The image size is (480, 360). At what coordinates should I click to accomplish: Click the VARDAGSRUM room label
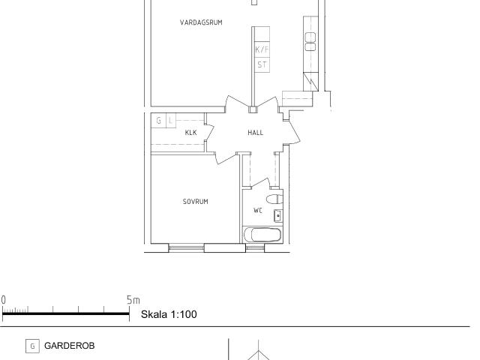pos(201,22)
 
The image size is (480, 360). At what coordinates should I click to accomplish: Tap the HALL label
pos(255,133)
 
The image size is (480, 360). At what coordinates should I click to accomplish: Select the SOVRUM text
pos(195,202)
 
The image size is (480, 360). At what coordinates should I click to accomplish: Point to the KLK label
pos(190,133)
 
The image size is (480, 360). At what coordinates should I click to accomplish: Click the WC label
pos(258,210)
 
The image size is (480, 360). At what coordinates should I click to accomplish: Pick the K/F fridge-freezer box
pos(262,49)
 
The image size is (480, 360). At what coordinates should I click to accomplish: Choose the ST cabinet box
pos(262,65)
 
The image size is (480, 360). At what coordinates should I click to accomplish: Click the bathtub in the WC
pos(262,235)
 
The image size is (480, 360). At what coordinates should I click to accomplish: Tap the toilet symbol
pos(274,199)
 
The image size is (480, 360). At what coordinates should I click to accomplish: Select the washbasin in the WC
pos(278,216)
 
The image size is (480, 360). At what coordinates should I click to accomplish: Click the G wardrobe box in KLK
pos(158,120)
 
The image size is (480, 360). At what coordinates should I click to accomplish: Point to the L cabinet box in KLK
pos(170,120)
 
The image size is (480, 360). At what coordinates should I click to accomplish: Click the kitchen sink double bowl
pos(310,42)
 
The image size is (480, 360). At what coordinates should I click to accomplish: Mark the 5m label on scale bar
pos(133,300)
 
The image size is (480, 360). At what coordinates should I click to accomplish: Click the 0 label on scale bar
pos(3,300)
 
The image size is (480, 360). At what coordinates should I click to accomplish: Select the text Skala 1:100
pos(169,314)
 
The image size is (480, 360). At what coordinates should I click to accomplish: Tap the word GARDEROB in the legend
pos(70,346)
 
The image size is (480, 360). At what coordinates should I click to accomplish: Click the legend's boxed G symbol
pos(32,346)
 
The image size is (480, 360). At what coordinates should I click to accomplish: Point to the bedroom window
pos(187,247)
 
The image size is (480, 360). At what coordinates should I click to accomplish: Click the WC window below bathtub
pos(255,247)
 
